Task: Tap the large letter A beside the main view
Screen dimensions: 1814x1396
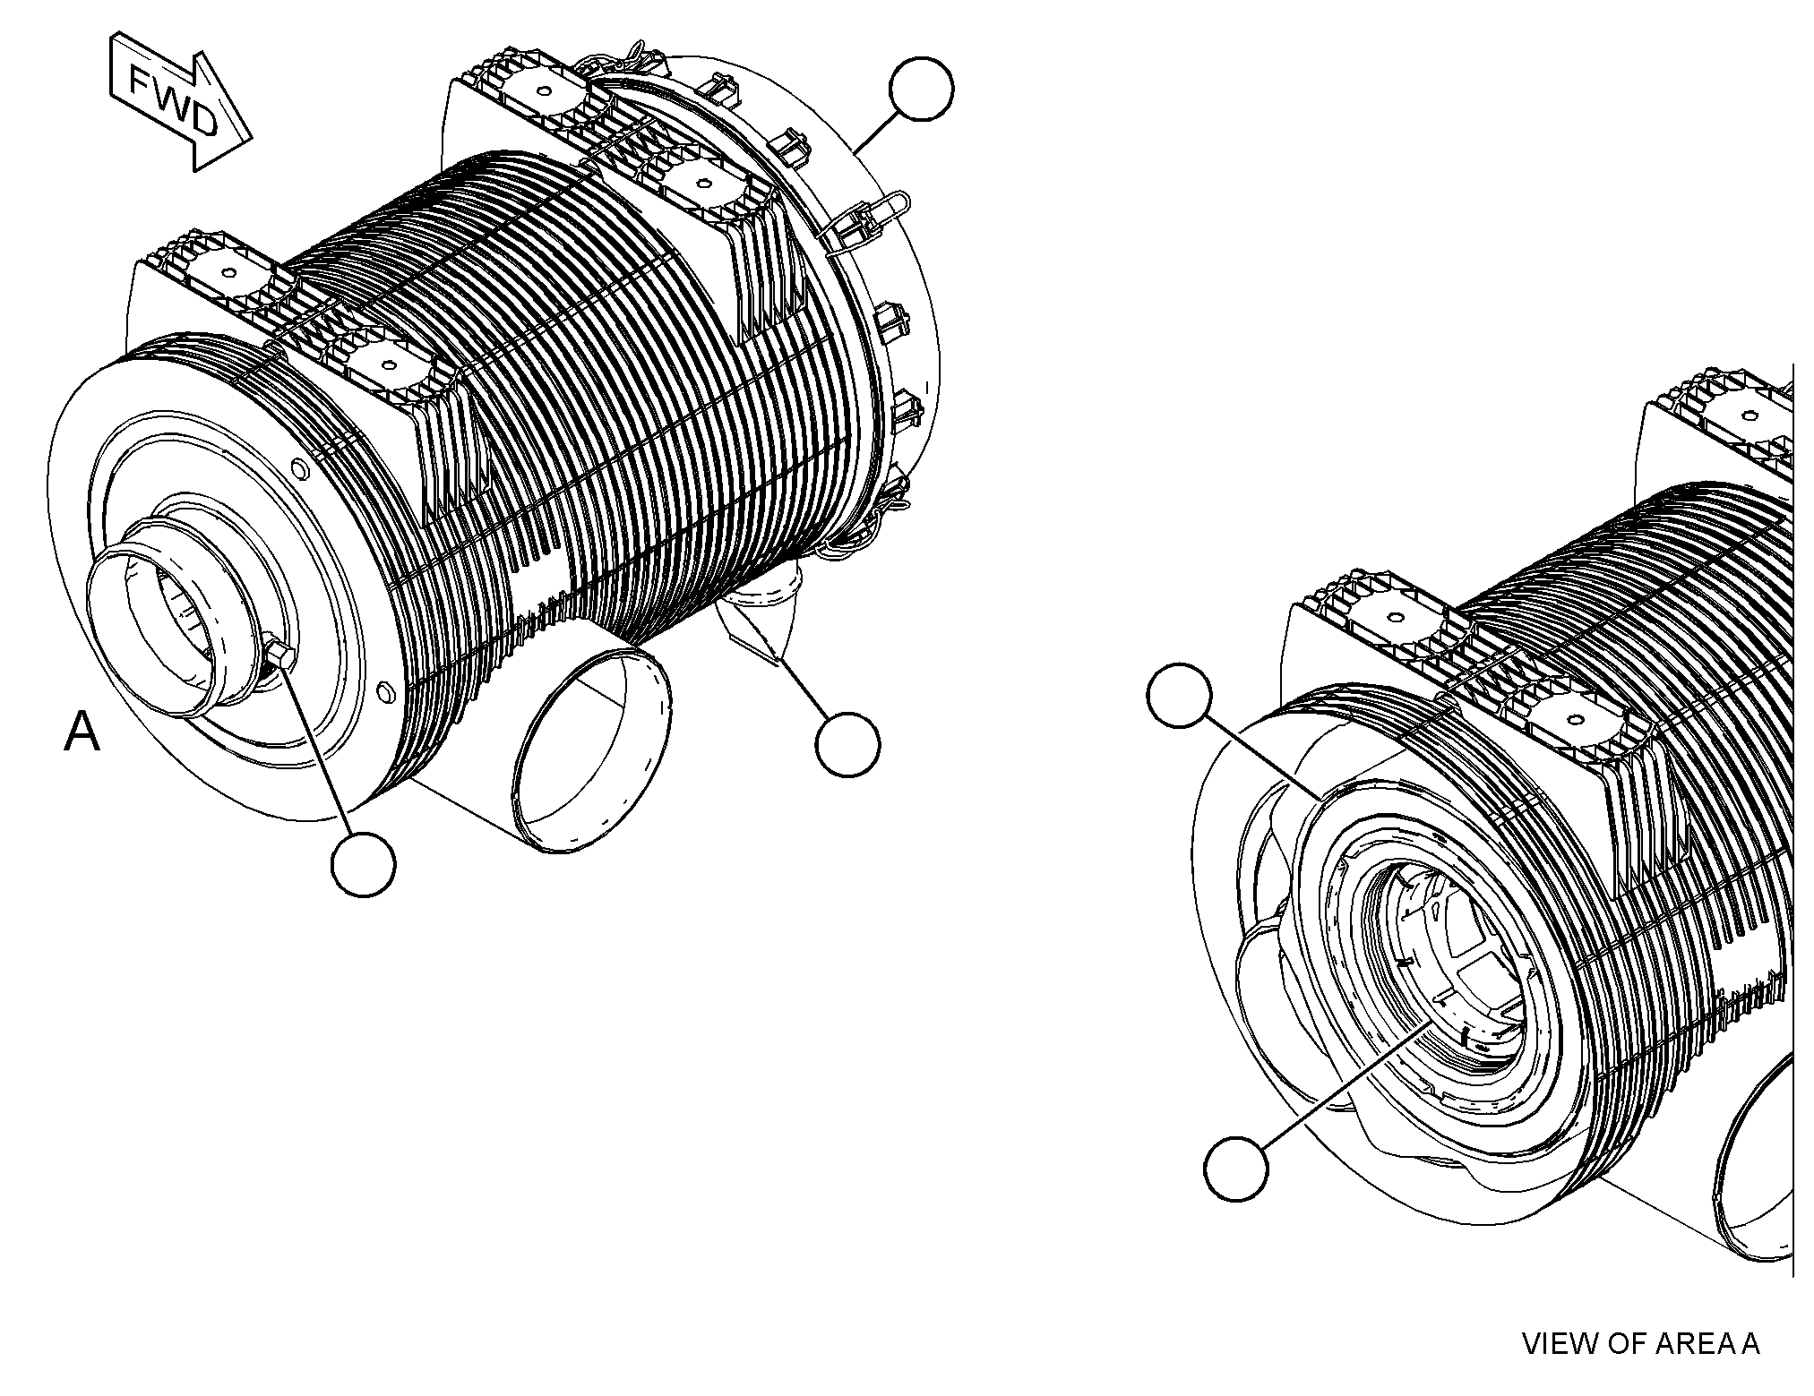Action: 82,732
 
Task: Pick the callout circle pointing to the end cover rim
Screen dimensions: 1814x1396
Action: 921,89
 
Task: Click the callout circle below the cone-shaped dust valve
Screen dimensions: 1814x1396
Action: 847,744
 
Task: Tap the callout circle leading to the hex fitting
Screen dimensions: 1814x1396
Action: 363,863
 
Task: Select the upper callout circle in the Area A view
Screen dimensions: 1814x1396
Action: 1180,695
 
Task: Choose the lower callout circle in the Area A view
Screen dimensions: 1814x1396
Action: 1236,1168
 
